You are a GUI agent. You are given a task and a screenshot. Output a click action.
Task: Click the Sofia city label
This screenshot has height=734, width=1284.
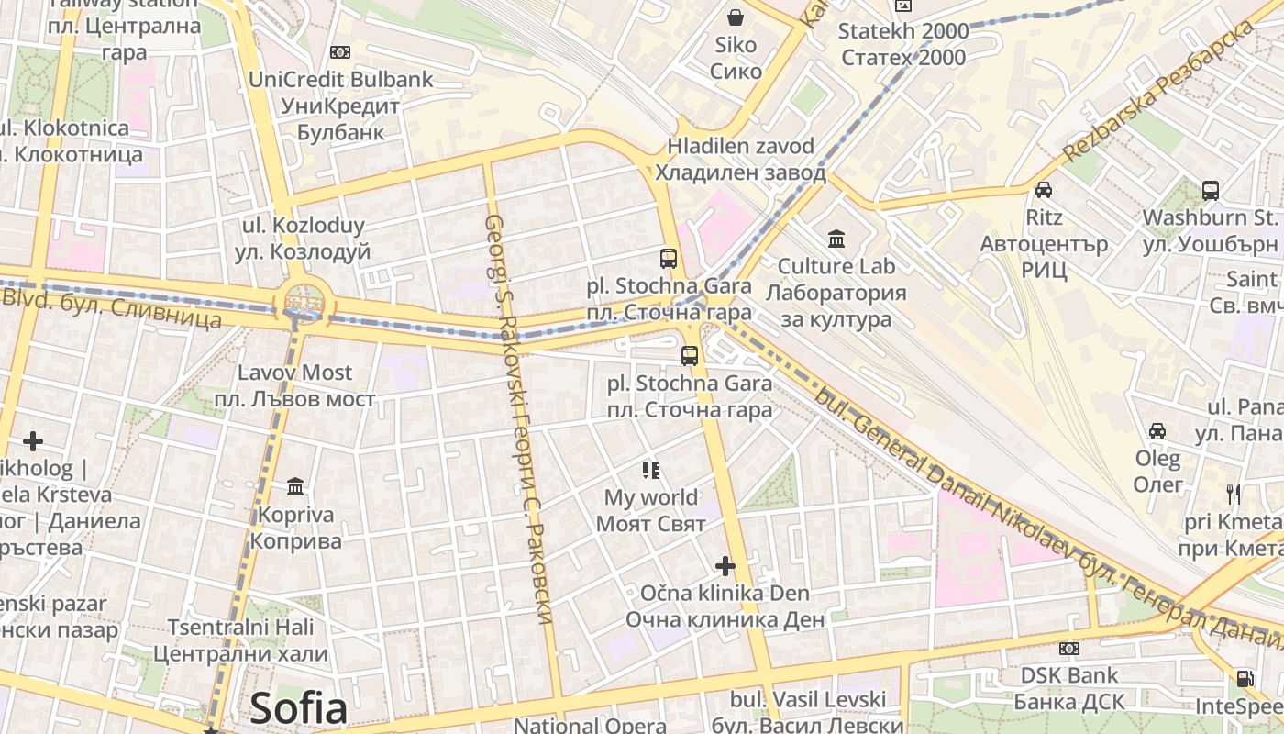[x=298, y=708]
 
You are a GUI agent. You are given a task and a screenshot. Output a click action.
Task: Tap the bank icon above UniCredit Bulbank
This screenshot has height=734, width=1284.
[x=340, y=52]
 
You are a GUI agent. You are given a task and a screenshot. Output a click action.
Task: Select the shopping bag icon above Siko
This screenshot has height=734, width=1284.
[x=736, y=17]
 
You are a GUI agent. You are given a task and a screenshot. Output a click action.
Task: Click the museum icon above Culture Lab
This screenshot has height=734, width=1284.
[x=836, y=239]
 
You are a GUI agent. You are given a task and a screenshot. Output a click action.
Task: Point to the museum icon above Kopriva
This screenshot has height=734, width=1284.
[x=295, y=486]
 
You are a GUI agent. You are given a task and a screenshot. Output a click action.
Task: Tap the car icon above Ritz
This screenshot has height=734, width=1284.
[x=1044, y=190]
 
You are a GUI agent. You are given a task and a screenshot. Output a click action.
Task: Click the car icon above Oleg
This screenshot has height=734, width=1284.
[x=1157, y=430]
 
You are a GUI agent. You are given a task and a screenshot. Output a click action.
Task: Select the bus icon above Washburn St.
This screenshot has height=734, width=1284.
[x=1211, y=190]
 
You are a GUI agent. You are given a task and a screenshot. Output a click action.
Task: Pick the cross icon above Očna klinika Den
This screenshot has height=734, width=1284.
[x=725, y=565]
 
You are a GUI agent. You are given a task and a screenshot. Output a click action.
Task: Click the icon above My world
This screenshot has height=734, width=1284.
[x=651, y=471]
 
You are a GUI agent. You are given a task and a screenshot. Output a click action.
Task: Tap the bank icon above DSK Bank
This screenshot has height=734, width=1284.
[x=1069, y=649]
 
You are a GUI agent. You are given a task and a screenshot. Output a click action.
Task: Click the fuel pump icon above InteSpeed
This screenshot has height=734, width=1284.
[x=1245, y=679]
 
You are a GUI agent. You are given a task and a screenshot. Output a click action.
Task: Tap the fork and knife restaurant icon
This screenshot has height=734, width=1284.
[x=1234, y=494]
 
